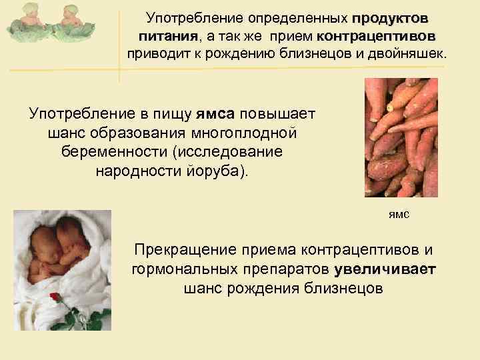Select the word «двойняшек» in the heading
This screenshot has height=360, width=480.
tap(406, 53)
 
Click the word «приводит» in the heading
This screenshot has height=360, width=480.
tap(157, 53)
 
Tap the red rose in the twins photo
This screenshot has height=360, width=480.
tap(55, 297)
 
